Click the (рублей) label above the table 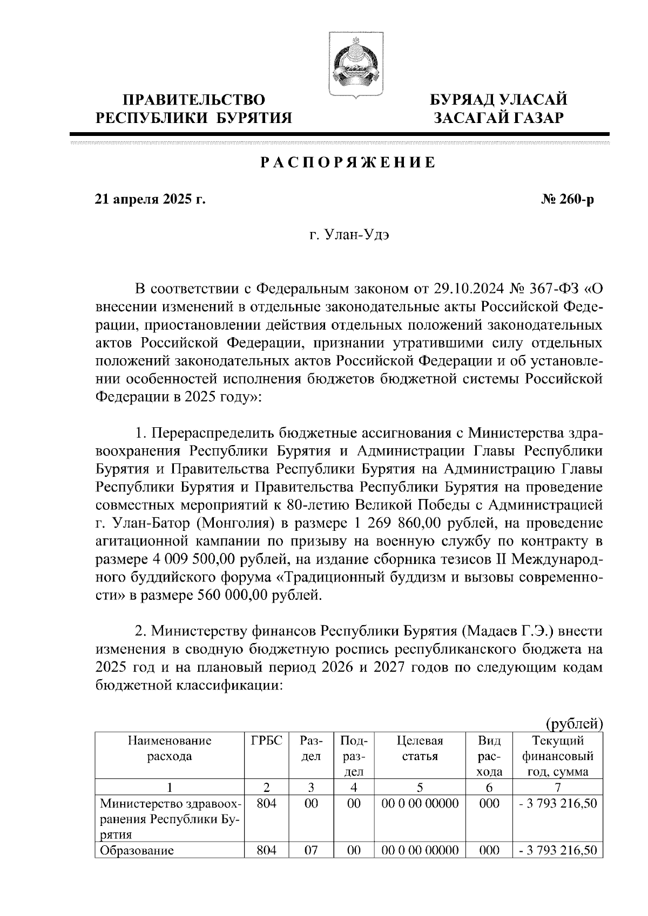(x=573, y=723)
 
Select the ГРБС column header (x=267, y=741)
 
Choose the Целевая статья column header (x=420, y=748)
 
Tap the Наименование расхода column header (x=170, y=748)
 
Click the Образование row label (x=137, y=851)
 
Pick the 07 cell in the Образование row (x=310, y=851)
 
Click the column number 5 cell (x=420, y=787)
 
